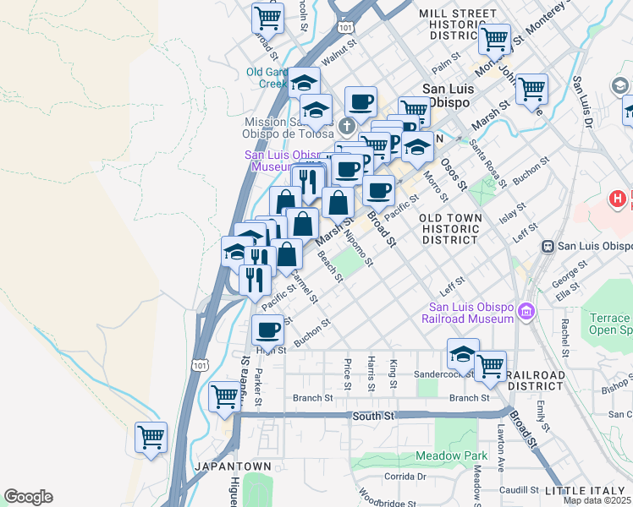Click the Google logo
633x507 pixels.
(x=28, y=497)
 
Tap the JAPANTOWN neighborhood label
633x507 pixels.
(x=233, y=466)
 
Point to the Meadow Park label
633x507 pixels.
(x=450, y=456)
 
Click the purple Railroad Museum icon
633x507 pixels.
(x=526, y=313)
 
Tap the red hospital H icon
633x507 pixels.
(x=618, y=199)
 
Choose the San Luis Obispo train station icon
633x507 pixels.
(x=548, y=246)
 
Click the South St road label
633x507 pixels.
(x=373, y=416)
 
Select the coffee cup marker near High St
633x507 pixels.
(x=268, y=330)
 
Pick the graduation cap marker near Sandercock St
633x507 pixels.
(x=463, y=353)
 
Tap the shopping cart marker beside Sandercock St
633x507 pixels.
(x=490, y=365)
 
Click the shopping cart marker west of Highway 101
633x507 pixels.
(x=151, y=438)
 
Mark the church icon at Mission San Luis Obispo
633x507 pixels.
(x=345, y=128)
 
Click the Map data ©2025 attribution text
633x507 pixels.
(x=597, y=500)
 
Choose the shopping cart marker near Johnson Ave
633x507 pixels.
(x=531, y=88)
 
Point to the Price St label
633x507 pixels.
(x=348, y=373)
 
